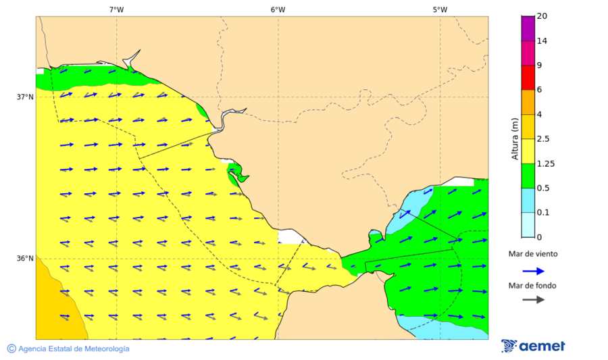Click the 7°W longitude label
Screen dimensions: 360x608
click(116, 9)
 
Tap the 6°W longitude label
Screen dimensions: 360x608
click(278, 9)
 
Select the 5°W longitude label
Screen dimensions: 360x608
click(440, 9)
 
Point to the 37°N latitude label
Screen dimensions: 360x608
click(25, 97)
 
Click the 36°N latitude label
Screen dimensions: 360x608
click(25, 258)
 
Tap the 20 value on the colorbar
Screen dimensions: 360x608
click(541, 16)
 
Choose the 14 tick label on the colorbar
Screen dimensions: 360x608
click(541, 41)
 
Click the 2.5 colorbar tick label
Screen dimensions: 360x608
click(543, 139)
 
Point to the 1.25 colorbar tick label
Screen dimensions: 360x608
click(545, 163)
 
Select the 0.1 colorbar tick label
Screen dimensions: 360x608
click(543, 212)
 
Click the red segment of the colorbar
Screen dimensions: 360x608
click(528, 77)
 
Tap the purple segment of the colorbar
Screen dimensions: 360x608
click(528, 28)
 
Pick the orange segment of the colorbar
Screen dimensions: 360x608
click(528, 101)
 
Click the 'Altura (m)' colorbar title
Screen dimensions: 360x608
click(515, 138)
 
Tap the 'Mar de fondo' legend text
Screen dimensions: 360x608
click(532, 286)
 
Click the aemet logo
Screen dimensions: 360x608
click(533, 346)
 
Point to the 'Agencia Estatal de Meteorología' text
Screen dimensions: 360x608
click(74, 349)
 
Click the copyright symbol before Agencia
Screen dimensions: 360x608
click(11, 349)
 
